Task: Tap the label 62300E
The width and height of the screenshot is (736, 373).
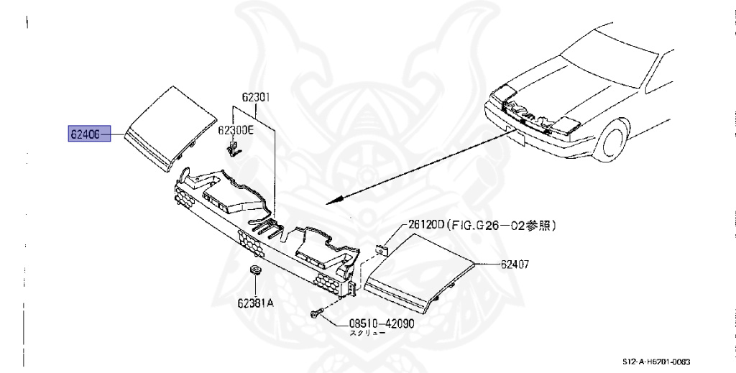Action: point(236,130)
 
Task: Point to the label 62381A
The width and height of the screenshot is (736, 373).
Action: point(256,303)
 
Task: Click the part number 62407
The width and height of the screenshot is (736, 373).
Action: point(515,264)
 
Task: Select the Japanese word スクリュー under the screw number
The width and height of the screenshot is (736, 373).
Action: point(366,334)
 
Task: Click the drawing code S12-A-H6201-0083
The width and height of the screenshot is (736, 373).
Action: point(661,362)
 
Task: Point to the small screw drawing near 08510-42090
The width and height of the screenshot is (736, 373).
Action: point(317,313)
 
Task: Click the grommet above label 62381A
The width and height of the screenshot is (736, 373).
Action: point(255,271)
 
